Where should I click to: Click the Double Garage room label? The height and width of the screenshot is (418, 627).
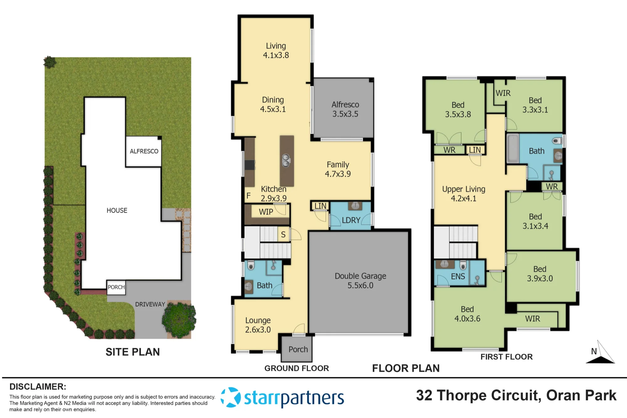pos(361,280)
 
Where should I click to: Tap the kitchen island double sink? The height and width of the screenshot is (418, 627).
pos(286,160)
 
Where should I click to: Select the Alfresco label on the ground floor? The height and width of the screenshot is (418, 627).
pos(345,109)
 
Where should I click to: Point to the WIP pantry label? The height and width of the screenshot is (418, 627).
pos(266,212)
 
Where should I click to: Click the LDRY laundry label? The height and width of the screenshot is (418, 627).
pos(351,220)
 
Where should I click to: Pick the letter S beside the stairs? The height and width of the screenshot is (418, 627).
pos(283,235)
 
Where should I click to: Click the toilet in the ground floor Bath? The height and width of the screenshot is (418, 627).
pos(250,266)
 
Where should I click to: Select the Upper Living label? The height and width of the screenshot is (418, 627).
pos(464,194)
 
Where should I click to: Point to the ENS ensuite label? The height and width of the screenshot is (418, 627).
pos(458,276)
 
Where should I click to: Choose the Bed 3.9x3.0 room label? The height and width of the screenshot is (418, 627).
pos(540,274)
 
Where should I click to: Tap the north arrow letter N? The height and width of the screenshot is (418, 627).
pos(594,351)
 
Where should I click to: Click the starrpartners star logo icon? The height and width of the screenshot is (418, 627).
pos(231,397)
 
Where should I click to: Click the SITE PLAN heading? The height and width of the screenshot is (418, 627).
pos(133,352)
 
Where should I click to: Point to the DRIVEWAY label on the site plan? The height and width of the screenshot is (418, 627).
pos(150,304)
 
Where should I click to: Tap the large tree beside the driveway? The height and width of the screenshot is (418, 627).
pos(179,319)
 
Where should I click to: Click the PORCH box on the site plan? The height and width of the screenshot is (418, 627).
pos(116,287)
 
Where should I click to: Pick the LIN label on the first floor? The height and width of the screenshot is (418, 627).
pos(475,150)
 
